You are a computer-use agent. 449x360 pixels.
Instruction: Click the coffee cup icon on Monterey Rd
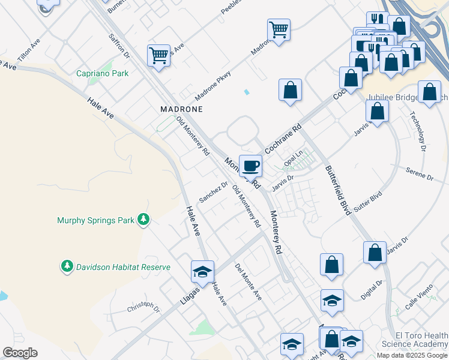pyautogui.click(x=250, y=164)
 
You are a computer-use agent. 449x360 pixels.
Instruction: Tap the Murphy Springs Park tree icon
pyautogui.click(x=143, y=220)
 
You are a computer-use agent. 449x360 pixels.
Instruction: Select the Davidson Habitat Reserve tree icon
pyautogui.click(x=67, y=266)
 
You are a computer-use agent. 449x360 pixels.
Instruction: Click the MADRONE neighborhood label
pyautogui.click(x=181, y=109)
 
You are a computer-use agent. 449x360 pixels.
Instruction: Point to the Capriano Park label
pyautogui.click(x=94, y=74)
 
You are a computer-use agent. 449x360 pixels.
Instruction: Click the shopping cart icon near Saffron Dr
pyautogui.click(x=158, y=55)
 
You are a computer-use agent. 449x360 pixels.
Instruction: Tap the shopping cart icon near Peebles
pyautogui.click(x=279, y=29)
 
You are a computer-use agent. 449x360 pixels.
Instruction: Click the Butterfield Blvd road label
pyautogui.click(x=337, y=187)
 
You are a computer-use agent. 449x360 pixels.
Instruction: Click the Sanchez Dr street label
pyautogui.click(x=214, y=193)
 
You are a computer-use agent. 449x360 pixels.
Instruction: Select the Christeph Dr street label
pyautogui.click(x=143, y=307)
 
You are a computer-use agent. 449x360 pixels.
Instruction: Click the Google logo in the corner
pyautogui.click(x=20, y=353)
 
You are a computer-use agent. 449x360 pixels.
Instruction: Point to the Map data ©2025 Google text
pyautogui.click(x=412, y=355)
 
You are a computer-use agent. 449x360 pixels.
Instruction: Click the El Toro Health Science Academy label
pyautogui.click(x=414, y=340)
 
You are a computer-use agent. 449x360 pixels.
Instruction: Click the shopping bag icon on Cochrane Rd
pyautogui.click(x=290, y=90)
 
